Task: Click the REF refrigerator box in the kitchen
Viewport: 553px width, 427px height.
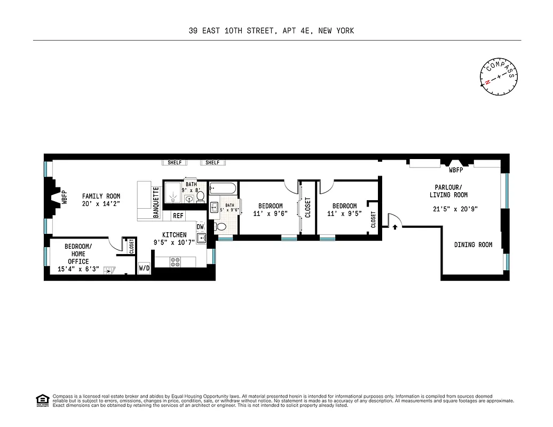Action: point(178,216)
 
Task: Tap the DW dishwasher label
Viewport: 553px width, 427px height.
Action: point(200,227)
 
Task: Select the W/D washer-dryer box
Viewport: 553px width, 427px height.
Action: point(144,268)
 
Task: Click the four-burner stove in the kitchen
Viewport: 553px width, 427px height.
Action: point(176,261)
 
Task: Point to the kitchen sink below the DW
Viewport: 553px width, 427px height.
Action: point(201,238)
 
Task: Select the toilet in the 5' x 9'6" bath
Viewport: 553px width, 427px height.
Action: point(221,227)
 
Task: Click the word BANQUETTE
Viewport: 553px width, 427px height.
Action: point(156,202)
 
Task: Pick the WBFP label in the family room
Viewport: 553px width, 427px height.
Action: point(64,197)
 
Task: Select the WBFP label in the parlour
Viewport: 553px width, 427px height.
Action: point(455,171)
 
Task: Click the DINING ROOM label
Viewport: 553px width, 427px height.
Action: point(473,245)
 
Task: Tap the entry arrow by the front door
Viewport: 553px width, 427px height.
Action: point(394,227)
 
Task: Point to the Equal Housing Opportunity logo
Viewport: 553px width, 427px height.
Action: point(42,400)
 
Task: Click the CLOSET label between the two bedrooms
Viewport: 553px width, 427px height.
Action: point(307,208)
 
